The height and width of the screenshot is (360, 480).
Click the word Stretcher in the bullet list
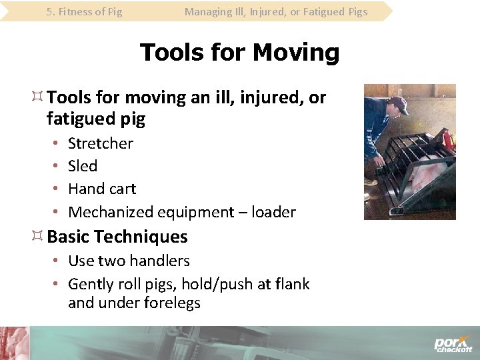coord(101,143)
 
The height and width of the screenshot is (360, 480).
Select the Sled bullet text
coord(83,166)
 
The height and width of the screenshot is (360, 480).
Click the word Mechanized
coord(111,212)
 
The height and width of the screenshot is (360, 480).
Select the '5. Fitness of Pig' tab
coord(85,11)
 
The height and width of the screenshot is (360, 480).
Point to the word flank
coord(291,284)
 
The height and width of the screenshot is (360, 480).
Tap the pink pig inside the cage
coord(433,177)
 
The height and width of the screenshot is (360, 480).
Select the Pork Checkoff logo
coord(453,343)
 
